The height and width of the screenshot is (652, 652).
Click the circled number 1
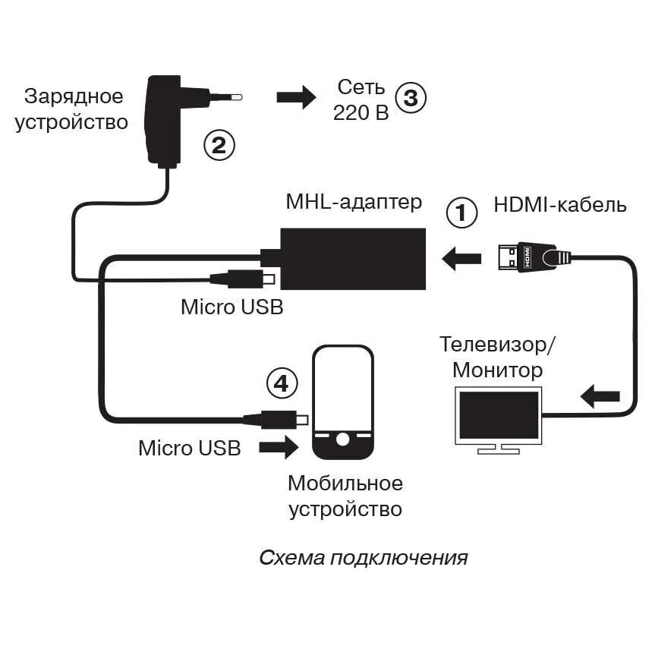[x=461, y=213]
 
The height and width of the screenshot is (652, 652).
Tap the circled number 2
[x=219, y=145]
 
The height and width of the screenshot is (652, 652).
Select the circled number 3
[x=411, y=98]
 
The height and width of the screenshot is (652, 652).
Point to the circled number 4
[x=282, y=384]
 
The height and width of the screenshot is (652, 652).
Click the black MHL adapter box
[x=353, y=258]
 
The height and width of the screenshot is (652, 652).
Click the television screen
[x=499, y=414]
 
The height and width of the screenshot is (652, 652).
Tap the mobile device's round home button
[x=343, y=439]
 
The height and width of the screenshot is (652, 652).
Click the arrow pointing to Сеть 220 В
[x=296, y=97]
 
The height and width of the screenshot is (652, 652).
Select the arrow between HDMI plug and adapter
[x=461, y=259]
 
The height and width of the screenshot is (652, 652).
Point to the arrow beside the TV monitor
[x=600, y=395]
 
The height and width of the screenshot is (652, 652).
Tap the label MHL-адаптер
[x=354, y=203]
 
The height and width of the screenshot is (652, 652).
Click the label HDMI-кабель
[x=560, y=205]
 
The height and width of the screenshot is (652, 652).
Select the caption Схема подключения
[x=363, y=559]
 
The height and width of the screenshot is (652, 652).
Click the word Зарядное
[x=74, y=96]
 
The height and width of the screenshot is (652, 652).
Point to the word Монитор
[x=497, y=370]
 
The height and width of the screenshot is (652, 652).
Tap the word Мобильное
[x=345, y=483]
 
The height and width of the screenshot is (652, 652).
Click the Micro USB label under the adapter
[x=232, y=307]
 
